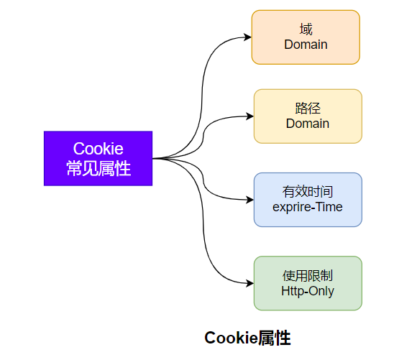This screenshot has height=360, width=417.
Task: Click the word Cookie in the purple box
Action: click(x=98, y=149)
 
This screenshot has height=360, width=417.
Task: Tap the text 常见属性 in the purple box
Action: click(x=98, y=169)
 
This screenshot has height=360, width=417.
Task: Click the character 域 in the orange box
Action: click(x=306, y=29)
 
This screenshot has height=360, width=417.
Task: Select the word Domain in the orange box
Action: click(x=306, y=45)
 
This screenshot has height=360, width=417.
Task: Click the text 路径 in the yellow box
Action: click(x=308, y=109)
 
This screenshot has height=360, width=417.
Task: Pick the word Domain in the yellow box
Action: click(x=308, y=124)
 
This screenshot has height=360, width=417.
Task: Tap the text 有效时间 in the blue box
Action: click(x=308, y=192)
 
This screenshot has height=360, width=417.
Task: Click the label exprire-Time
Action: click(x=308, y=207)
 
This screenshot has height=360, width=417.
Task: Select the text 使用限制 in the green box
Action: click(x=308, y=276)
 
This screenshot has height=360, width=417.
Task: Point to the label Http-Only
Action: click(x=308, y=291)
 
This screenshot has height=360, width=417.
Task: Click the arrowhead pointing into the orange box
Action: click(x=247, y=37)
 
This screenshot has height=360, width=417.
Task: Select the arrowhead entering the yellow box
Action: click(x=249, y=116)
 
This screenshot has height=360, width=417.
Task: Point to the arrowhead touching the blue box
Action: click(x=249, y=200)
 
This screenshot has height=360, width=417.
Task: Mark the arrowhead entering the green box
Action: click(x=249, y=283)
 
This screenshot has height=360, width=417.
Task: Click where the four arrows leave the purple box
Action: click(x=154, y=158)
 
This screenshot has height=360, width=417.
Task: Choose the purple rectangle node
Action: click(x=98, y=158)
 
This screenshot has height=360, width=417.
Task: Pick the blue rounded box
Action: click(x=308, y=200)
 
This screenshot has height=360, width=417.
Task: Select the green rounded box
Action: click(x=308, y=283)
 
